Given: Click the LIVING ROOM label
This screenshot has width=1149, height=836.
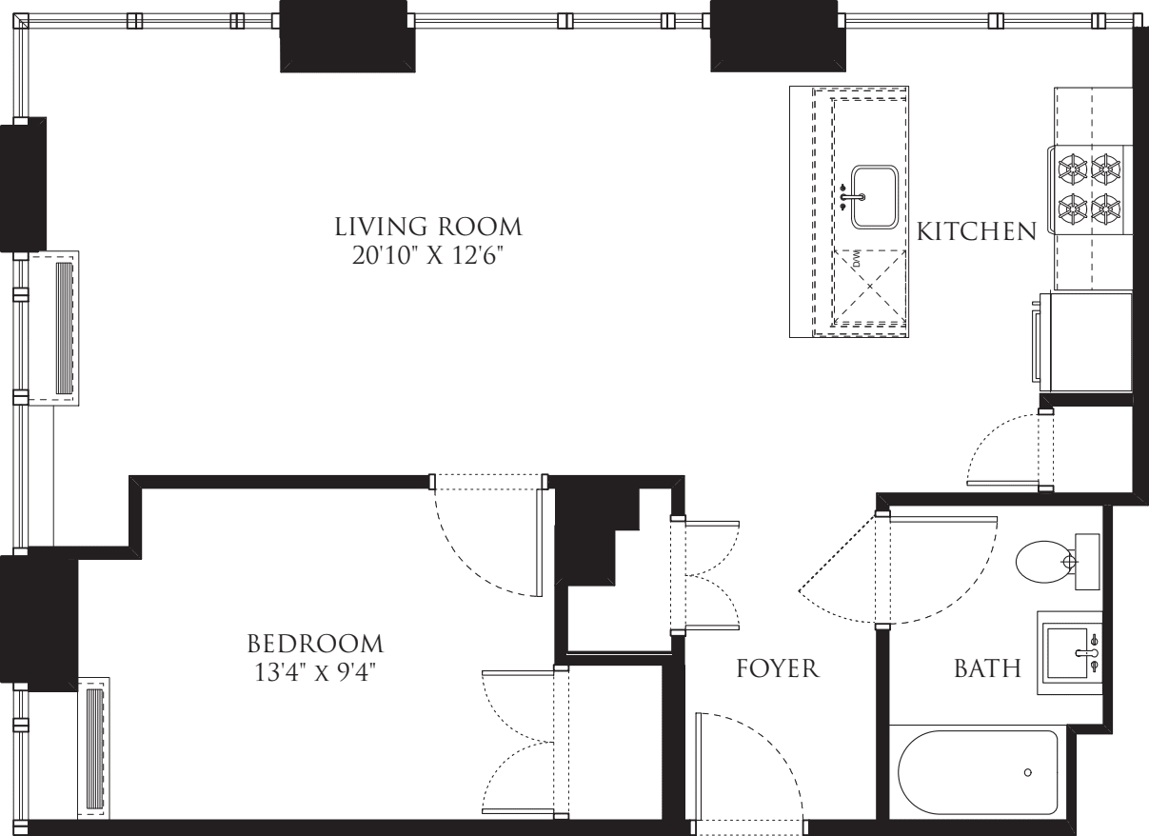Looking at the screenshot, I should coord(428,228).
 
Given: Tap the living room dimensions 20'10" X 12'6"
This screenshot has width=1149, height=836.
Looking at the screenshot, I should coord(428,255).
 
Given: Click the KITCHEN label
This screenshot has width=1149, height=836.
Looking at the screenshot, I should coord(976,231).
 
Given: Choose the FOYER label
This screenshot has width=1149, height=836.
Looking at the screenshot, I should coord(778,668).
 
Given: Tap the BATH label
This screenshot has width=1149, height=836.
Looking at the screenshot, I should coord(987,668).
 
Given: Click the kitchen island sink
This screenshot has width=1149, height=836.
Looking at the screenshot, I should coord(875,197).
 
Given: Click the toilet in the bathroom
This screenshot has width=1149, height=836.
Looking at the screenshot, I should coord(1047,562).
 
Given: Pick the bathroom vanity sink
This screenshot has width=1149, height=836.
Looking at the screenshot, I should coord(1071,652).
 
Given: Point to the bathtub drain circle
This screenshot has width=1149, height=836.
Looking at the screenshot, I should coord(1028,772).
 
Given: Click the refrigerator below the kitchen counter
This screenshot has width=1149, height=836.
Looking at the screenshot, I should coord(1085,340).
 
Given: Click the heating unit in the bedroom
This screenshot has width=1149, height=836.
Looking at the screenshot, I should coord(93,746).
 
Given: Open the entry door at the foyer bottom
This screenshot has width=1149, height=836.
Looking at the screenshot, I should coord(752,771).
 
